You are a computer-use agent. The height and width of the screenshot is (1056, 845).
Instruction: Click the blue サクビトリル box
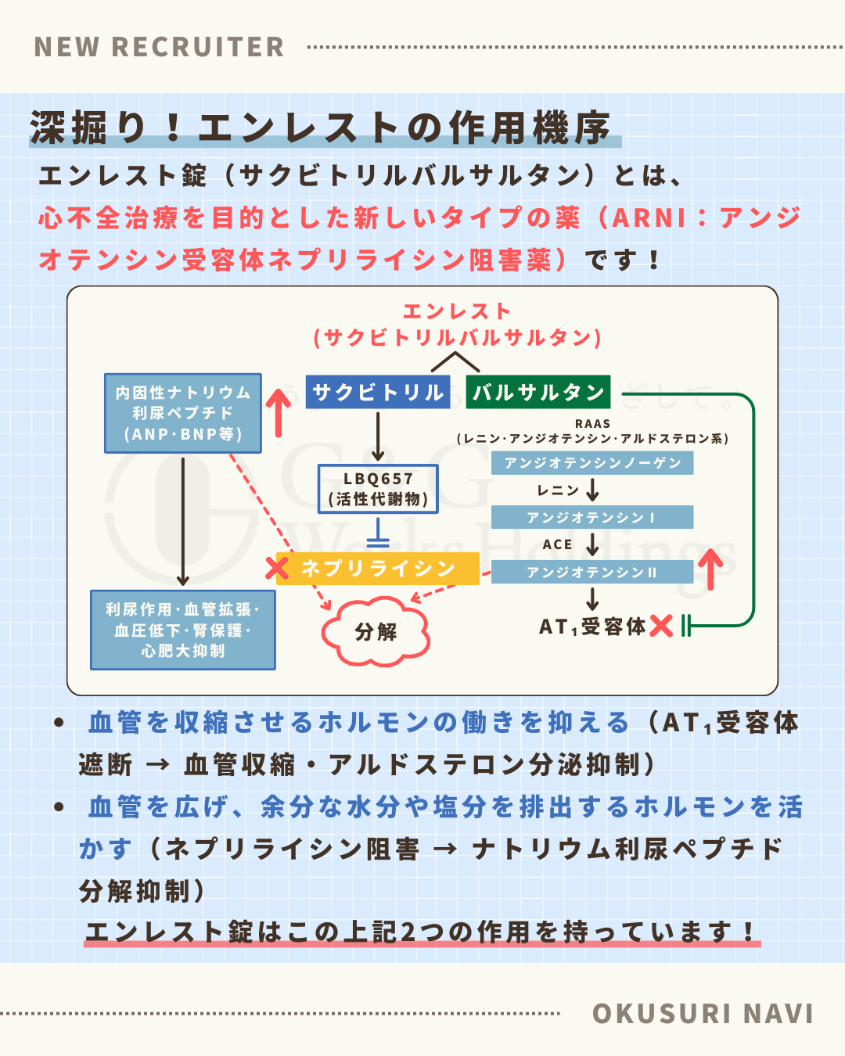pos(378,392)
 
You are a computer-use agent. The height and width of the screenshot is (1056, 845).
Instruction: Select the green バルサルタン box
pos(538,392)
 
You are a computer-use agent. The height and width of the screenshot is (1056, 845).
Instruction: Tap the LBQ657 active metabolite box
pos(378,489)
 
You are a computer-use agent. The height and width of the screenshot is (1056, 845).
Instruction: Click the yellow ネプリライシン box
pos(378,568)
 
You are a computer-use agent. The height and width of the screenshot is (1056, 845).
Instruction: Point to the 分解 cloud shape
pos(376,632)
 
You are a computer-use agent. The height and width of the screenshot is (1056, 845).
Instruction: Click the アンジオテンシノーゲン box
pos(592,463)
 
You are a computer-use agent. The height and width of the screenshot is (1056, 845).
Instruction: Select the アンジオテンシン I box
pos(592,517)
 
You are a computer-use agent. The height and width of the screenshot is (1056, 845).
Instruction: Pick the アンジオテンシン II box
pos(592,572)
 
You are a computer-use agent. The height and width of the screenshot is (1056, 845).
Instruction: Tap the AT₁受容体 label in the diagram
pos(591,627)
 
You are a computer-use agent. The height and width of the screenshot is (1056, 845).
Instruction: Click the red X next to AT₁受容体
pos(661,626)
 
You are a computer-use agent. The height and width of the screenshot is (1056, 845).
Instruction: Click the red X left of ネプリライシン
pos(277,568)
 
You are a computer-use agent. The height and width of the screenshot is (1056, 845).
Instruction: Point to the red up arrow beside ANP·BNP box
pos(278,412)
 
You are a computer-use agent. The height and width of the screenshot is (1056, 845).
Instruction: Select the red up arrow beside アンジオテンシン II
pos(710,569)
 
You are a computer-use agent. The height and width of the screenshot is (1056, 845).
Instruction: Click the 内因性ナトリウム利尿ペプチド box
pos(183,413)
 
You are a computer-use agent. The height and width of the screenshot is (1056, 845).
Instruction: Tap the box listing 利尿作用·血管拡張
pos(183,630)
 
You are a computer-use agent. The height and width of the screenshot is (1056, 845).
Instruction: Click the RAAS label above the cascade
pos(592,424)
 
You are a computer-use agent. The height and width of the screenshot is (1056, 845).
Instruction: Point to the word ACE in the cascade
pos(557,544)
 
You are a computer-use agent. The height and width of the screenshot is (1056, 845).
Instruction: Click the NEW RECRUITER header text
pos(160,47)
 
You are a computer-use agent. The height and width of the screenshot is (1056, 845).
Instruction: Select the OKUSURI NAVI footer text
pos(703,1014)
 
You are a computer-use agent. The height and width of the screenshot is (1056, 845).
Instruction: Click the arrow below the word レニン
pos(592,490)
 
